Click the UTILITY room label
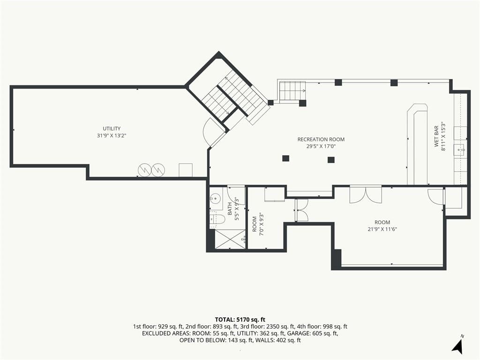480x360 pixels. coord(112,128)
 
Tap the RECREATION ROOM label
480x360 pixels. coord(321,139)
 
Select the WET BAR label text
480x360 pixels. coord(436,136)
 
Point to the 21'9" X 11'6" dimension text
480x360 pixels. coord(382,229)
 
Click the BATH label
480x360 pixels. coord(230,209)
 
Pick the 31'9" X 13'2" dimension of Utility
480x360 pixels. coord(112,135)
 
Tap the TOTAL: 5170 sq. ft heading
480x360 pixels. coord(240,320)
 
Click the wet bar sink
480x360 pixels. coord(461,150)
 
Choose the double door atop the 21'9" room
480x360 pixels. coord(366,195)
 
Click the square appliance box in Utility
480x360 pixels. coord(186,170)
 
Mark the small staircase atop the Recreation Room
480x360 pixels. coord(292,91)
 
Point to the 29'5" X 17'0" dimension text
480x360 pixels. coord(321,146)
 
